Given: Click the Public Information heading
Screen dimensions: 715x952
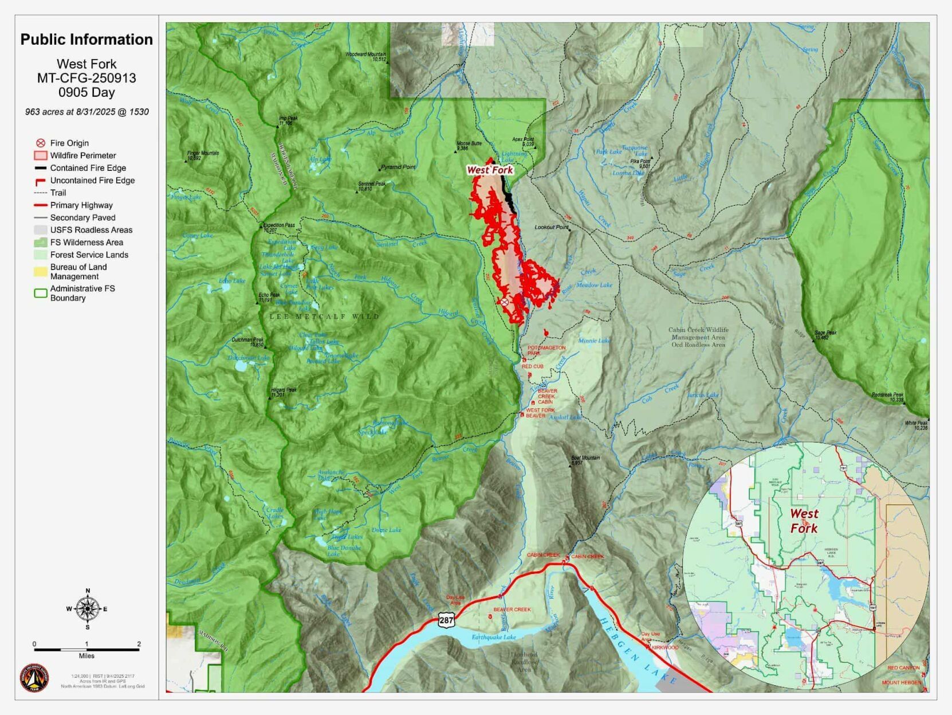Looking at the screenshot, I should pos(86,40).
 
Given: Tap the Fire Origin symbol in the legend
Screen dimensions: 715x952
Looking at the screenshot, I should pos(41,143).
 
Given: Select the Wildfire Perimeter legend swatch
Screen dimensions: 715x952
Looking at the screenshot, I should pos(41,155).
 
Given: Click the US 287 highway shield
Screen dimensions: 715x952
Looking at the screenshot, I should pos(447,620).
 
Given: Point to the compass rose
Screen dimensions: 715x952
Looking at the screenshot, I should pos(87,609).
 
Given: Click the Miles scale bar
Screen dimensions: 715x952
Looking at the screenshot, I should pos(86,650).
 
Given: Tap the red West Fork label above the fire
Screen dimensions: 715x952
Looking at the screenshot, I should pos(490,170).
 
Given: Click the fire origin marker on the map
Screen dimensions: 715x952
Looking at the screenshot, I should pos(504,302).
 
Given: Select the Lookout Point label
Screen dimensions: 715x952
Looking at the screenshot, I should pos(551,228).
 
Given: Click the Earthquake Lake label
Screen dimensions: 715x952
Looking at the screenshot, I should pos(494,637).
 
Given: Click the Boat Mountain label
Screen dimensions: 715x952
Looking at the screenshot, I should pos(585,460).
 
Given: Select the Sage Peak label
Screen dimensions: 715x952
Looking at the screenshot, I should pos(825,335).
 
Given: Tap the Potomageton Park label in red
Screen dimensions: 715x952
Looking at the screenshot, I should pos(546,350).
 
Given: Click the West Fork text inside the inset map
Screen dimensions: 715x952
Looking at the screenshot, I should pos(804,521).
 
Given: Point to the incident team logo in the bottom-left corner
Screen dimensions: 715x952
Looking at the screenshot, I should pos(34,678).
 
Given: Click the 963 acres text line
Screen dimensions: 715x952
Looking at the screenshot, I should pos(86,112).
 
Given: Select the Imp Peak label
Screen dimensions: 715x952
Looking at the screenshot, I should pos(288,120).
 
